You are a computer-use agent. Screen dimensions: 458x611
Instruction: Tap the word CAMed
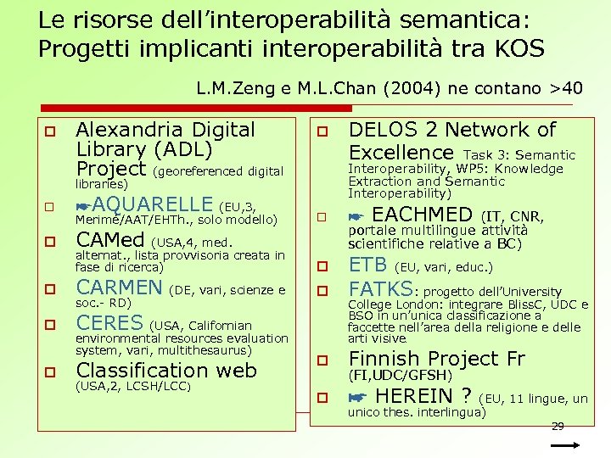tap(109, 240)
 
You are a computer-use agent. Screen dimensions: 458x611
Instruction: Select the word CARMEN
tap(119, 288)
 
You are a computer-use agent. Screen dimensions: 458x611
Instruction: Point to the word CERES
tap(109, 323)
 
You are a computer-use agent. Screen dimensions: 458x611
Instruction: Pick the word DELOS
tap(381, 130)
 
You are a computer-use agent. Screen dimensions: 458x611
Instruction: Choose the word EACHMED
tap(423, 215)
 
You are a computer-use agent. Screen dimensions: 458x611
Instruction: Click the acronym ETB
tap(368, 264)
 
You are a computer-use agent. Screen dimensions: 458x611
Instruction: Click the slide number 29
tap(558, 426)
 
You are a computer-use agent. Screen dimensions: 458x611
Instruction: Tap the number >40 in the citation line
tap(566, 88)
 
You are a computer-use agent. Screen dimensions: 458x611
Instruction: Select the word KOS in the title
tap(516, 49)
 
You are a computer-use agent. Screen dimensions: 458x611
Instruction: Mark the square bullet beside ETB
tap(322, 266)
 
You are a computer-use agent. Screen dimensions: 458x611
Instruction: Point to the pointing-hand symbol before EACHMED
tap(357, 216)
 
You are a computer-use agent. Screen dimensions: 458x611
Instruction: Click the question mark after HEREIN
tap(466, 396)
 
